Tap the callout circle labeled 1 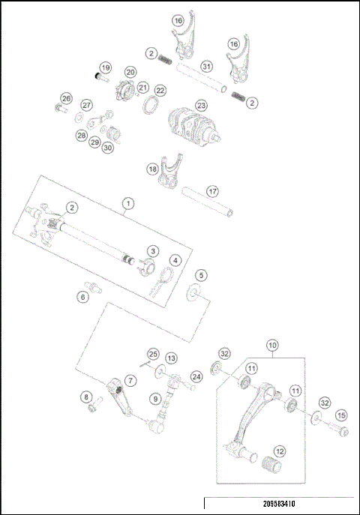[128, 203]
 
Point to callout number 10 [272, 346]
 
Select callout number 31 [206, 67]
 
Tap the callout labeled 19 [105, 67]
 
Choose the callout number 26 [66, 99]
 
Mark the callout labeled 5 [201, 276]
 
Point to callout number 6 [83, 297]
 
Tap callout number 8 [86, 397]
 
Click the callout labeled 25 [152, 353]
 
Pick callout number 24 [196, 376]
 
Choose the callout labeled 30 [108, 148]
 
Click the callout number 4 [175, 260]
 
